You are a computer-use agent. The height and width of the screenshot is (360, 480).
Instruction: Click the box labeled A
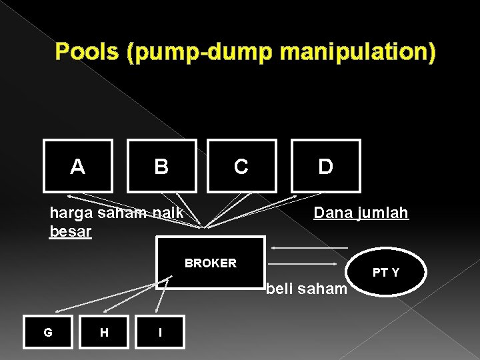tap(78, 165)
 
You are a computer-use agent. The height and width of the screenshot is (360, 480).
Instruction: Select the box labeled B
tap(162, 165)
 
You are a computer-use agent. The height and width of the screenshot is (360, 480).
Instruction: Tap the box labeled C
tap(241, 166)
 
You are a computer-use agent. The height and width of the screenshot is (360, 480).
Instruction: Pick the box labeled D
tap(325, 165)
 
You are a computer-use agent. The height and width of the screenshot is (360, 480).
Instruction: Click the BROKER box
tap(210, 263)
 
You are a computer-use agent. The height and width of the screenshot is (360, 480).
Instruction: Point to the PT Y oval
tap(386, 272)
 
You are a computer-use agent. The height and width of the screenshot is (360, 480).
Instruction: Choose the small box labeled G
tap(48, 331)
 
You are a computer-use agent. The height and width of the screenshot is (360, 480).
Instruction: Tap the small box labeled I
tap(160, 331)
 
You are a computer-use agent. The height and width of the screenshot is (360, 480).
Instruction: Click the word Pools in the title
tap(87, 51)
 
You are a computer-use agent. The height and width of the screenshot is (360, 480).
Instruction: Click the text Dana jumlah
tap(361, 213)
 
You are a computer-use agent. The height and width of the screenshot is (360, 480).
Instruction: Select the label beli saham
tap(307, 289)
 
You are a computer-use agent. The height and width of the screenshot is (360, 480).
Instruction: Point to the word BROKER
tap(210, 263)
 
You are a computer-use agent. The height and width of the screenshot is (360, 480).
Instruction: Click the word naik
tap(169, 213)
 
